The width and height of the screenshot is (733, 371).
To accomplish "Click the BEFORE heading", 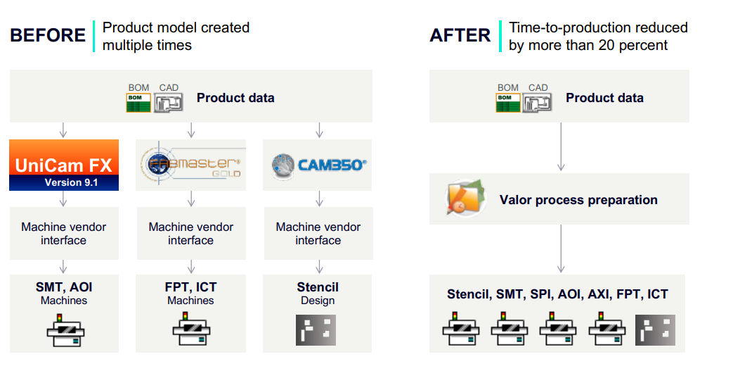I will [47, 35].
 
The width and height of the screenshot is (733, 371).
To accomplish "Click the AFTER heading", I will [460, 35].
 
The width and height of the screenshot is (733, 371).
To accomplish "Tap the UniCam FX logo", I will [64, 165].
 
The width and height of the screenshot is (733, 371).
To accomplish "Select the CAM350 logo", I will [318, 165].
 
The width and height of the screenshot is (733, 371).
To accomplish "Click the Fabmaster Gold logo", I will [190, 165].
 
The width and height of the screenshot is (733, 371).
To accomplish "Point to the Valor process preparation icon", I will [465, 199].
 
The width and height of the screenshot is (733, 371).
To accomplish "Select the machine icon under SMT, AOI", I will [64, 328].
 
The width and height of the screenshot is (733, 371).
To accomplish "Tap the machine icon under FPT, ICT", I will [190, 328].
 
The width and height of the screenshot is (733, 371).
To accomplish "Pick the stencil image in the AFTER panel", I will [655, 329].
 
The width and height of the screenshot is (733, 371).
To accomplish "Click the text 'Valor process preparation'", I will [578, 200].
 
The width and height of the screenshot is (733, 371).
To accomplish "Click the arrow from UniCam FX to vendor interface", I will [63, 199].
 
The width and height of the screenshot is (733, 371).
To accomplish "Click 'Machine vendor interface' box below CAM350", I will [318, 234].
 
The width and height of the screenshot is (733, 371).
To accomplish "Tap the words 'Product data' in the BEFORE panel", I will [235, 98].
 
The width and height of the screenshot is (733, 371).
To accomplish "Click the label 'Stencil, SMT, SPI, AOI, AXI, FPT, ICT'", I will [557, 294].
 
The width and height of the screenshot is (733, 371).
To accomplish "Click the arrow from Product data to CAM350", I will [318, 130].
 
